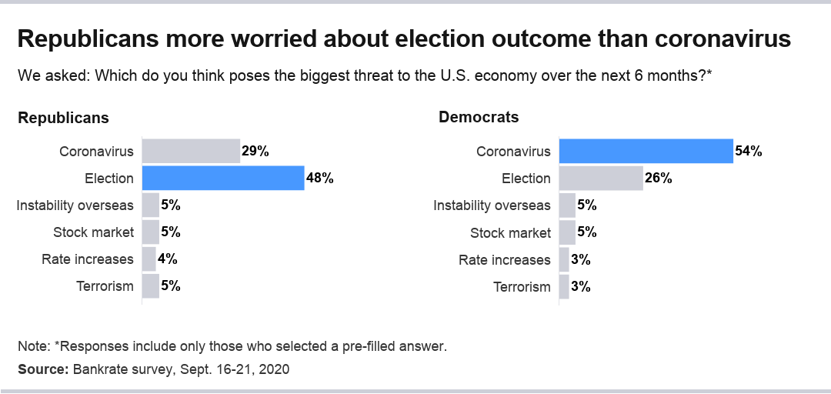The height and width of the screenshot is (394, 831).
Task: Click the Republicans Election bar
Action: click(223, 179)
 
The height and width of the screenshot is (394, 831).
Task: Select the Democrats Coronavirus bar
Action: click(646, 152)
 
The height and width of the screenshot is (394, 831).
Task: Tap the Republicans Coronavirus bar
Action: click(191, 152)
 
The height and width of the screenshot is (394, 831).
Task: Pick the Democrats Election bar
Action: click(601, 179)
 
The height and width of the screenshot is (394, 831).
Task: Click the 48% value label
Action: click(320, 179)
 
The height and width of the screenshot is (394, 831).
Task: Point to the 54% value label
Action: click(749, 152)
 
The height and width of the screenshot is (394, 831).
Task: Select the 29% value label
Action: click(255, 152)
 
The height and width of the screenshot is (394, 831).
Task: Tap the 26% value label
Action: click(659, 179)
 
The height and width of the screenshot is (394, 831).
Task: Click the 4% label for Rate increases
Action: click(168, 259)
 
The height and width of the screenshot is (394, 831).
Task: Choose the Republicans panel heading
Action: click(63, 118)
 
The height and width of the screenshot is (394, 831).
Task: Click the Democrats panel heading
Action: click(479, 118)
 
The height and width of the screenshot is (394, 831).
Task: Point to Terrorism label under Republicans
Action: click(105, 286)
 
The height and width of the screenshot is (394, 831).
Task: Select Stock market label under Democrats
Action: click(511, 232)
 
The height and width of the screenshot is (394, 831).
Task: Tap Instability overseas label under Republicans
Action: click(75, 205)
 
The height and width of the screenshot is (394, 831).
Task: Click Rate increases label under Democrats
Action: click(505, 259)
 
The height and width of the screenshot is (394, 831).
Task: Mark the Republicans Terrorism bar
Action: click(151, 286)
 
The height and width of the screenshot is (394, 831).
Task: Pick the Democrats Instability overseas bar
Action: click(567, 205)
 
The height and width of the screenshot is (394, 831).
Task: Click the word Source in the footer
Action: click(42, 369)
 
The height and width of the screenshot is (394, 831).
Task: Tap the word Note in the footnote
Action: click(32, 346)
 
